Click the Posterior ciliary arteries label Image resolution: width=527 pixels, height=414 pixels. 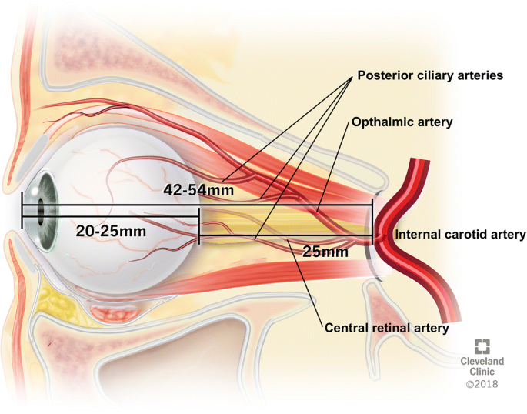tap(429, 76)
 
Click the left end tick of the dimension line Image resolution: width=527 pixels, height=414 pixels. tap(22, 216)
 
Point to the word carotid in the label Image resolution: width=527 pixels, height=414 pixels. tap(465, 235)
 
